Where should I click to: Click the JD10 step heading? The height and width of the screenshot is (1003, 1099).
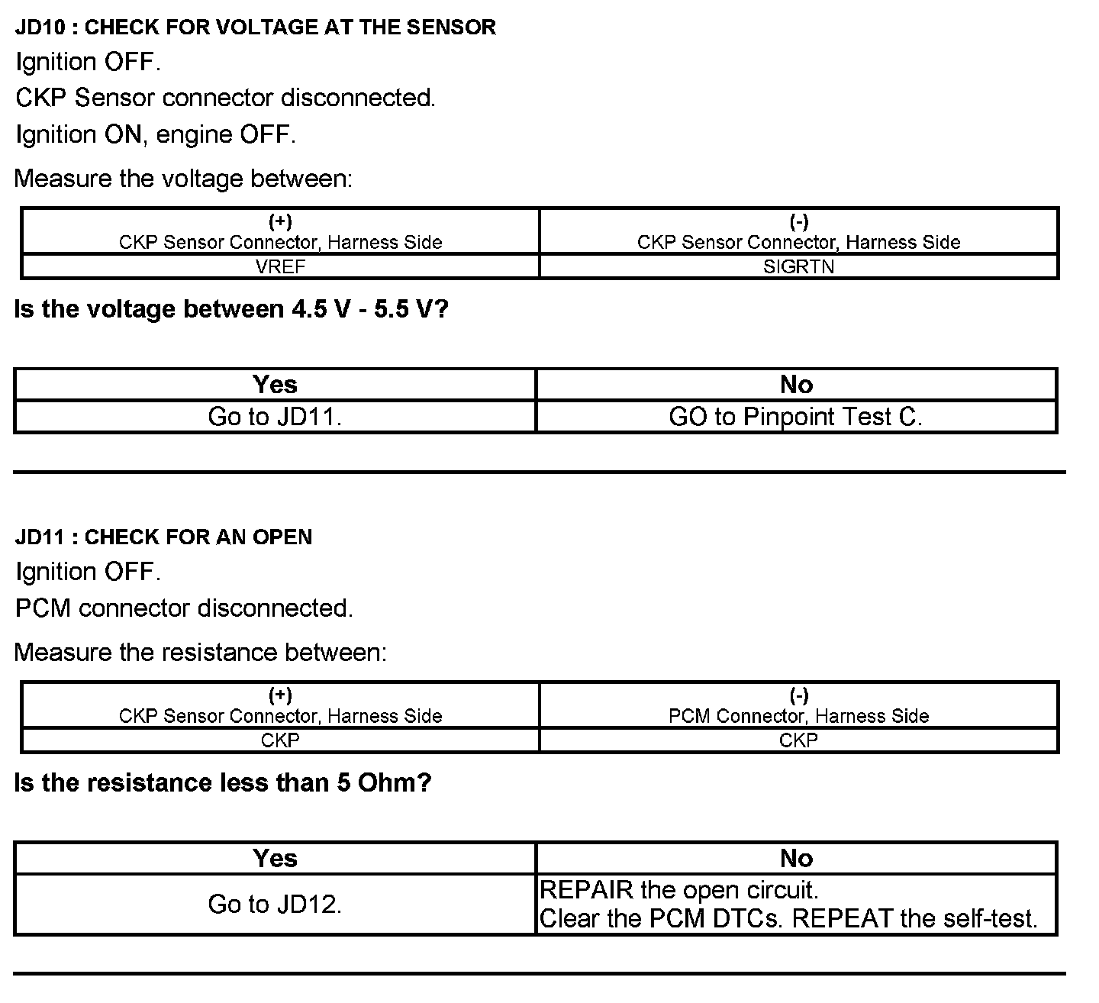tap(255, 27)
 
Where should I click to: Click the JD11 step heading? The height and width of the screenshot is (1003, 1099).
tap(163, 537)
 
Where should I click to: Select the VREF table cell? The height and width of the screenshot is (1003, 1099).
tap(280, 266)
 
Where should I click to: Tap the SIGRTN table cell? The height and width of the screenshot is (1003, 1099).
tap(798, 266)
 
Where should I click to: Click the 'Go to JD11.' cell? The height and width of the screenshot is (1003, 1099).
tap(275, 417)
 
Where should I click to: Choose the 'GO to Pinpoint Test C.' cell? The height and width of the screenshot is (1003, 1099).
tap(795, 417)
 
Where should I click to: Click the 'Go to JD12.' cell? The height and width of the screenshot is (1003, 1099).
tap(275, 905)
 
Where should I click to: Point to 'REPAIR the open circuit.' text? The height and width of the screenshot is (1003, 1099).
tap(678, 890)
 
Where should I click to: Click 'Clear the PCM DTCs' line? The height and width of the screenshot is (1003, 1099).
tap(788, 918)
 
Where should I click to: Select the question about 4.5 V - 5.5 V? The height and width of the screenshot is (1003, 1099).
tap(231, 309)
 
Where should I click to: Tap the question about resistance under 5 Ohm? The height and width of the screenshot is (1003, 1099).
tap(223, 782)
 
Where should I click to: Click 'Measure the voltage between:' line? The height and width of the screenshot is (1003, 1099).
tap(183, 179)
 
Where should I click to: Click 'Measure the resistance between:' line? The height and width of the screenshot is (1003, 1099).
tap(200, 653)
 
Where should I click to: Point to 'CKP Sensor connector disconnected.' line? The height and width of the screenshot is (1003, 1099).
tap(225, 98)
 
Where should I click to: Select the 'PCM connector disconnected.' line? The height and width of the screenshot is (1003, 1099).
tap(184, 608)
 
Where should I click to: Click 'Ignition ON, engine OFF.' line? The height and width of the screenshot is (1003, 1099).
tap(155, 134)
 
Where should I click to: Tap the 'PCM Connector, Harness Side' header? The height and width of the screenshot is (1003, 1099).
tap(798, 716)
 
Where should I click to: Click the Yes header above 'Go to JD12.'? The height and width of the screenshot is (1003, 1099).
tap(275, 858)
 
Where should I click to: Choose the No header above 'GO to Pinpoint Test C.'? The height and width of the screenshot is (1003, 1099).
tap(796, 385)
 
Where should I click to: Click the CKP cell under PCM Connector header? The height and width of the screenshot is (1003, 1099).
tap(798, 740)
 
